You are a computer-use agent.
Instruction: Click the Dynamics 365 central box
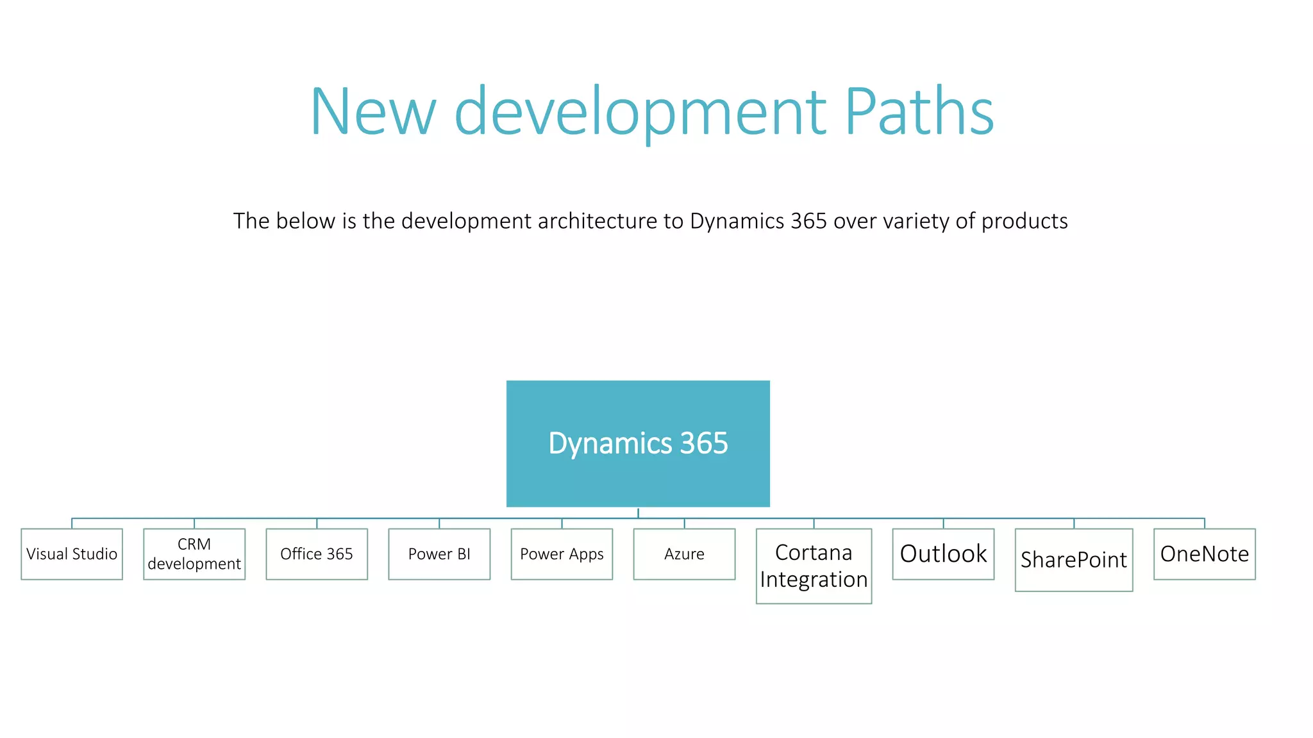coord(638,443)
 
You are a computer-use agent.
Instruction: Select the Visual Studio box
coord(72,554)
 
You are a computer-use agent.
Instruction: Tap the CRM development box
coord(194,554)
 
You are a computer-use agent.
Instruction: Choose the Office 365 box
coord(317,554)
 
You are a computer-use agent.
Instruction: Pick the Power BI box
coord(439,554)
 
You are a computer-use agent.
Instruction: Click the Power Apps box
coord(562,554)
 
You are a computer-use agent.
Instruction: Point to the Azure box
coord(684,554)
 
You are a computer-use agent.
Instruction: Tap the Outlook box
coord(943,554)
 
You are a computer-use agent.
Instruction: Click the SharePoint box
coord(1074,560)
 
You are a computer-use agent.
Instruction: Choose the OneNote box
coord(1205,554)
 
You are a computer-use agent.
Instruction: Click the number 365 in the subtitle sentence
coord(808,221)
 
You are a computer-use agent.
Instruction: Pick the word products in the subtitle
coord(1024,221)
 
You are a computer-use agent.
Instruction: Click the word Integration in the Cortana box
coord(814,580)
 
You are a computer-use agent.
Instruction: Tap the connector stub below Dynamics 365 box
coord(638,512)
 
